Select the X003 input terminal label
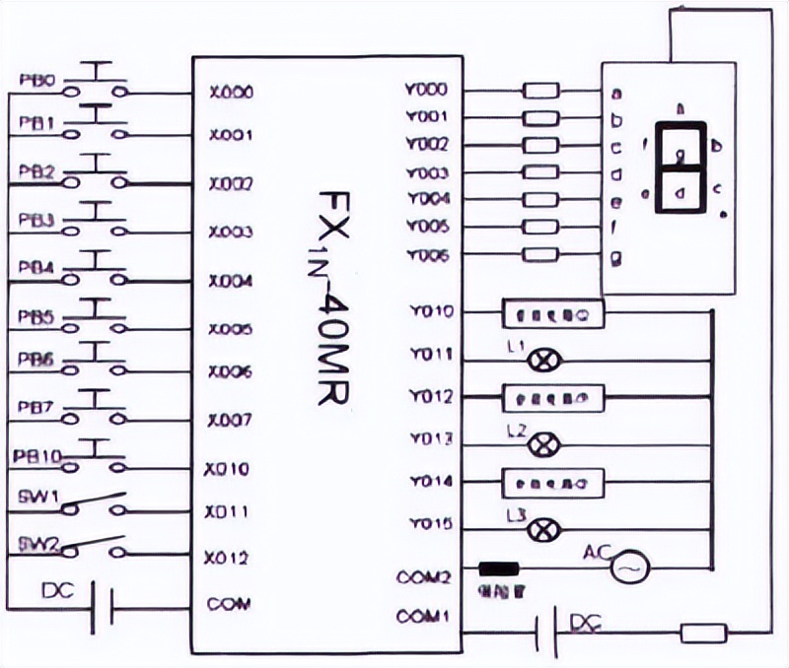(231, 233)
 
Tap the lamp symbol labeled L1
(540, 362)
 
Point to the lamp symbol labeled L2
(540, 445)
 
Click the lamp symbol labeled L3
(540, 530)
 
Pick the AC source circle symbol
(627, 569)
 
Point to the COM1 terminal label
(422, 618)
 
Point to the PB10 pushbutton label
(38, 456)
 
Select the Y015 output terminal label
(428, 523)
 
